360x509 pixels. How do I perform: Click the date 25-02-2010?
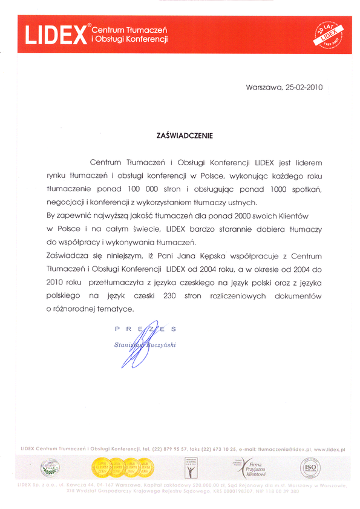tap(303, 87)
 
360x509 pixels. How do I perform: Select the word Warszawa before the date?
tap(263, 87)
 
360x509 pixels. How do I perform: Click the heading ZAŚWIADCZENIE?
tap(185, 137)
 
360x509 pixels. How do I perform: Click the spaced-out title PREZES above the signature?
tap(145, 329)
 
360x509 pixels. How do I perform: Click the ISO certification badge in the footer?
tap(310, 468)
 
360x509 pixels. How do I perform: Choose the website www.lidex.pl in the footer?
tap(329, 450)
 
